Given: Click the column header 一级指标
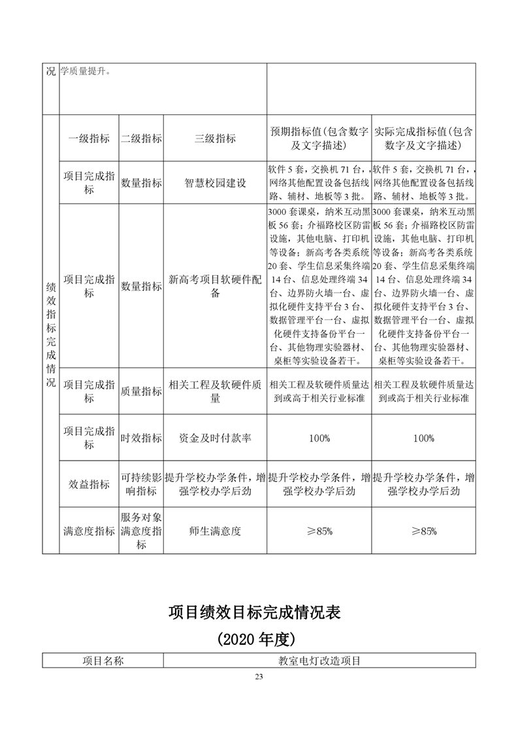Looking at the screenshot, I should pyautogui.click(x=89, y=138).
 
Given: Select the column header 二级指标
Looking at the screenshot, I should pyautogui.click(x=141, y=138).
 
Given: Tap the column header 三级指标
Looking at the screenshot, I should pyautogui.click(x=215, y=138).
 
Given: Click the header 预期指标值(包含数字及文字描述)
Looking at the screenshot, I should pyautogui.click(x=319, y=138).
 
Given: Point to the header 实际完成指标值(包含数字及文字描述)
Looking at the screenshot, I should pyautogui.click(x=423, y=138).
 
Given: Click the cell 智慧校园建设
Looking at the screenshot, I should pyautogui.click(x=215, y=183).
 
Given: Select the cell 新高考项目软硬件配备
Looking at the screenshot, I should pyautogui.click(x=215, y=287).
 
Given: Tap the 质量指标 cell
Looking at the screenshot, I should pyautogui.click(x=141, y=391).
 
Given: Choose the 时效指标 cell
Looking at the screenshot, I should pyautogui.click(x=141, y=438).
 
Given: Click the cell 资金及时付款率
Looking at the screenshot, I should pyautogui.click(x=215, y=438).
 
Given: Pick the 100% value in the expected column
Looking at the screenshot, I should pyautogui.click(x=319, y=438).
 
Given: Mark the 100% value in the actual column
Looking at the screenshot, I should pyautogui.click(x=423, y=438).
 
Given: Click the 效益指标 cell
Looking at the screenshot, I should pyautogui.click(x=89, y=484).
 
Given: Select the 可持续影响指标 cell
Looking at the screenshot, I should pyautogui.click(x=141, y=484).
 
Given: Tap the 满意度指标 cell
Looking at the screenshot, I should pyautogui.click(x=89, y=531).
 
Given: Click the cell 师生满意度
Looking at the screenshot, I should pyautogui.click(x=215, y=531).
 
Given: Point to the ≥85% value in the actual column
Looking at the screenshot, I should pyautogui.click(x=423, y=531).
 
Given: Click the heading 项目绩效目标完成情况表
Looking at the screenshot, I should pyautogui.click(x=259, y=612).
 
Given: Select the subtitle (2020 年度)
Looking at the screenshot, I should pyautogui.click(x=259, y=638).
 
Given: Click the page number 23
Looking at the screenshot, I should pyautogui.click(x=259, y=676).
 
